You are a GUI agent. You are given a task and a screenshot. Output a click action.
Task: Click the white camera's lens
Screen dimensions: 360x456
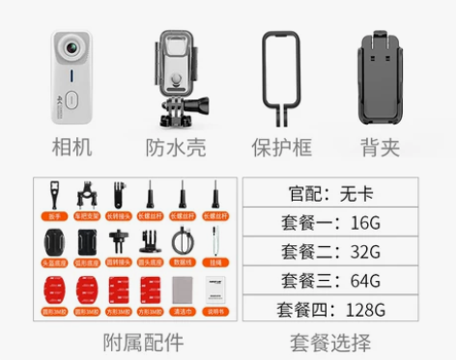tap(71, 50)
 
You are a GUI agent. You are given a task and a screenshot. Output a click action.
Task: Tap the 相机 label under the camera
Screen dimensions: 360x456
tap(76, 147)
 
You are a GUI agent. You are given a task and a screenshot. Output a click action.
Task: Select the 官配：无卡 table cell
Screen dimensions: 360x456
tap(330, 192)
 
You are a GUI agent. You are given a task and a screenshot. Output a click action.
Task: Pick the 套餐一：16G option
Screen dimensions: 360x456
tap(330, 222)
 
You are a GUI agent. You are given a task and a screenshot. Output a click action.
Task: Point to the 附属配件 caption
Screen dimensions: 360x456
tap(142, 343)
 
